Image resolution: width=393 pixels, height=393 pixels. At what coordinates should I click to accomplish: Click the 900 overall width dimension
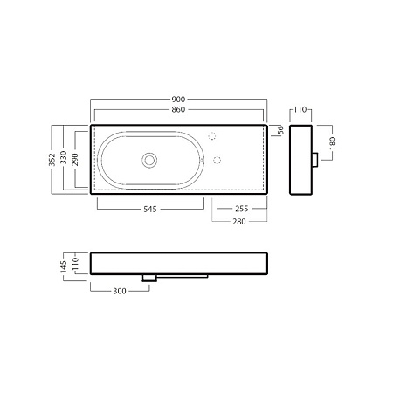[178, 100]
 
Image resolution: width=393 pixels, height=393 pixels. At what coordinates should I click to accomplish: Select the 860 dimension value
[178, 110]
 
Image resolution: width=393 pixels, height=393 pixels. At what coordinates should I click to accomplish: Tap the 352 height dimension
[52, 160]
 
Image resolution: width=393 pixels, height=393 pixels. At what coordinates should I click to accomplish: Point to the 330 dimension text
[63, 157]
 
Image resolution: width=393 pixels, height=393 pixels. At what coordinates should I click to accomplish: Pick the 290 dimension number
[75, 160]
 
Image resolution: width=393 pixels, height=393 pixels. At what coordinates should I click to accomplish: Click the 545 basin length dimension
[150, 209]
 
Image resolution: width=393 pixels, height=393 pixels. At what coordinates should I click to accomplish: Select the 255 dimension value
[242, 209]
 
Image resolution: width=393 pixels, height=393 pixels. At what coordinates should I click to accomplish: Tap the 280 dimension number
[239, 222]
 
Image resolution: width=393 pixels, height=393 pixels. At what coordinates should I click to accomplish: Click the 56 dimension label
[280, 130]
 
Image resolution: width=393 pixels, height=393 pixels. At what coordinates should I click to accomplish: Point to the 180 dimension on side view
[333, 143]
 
